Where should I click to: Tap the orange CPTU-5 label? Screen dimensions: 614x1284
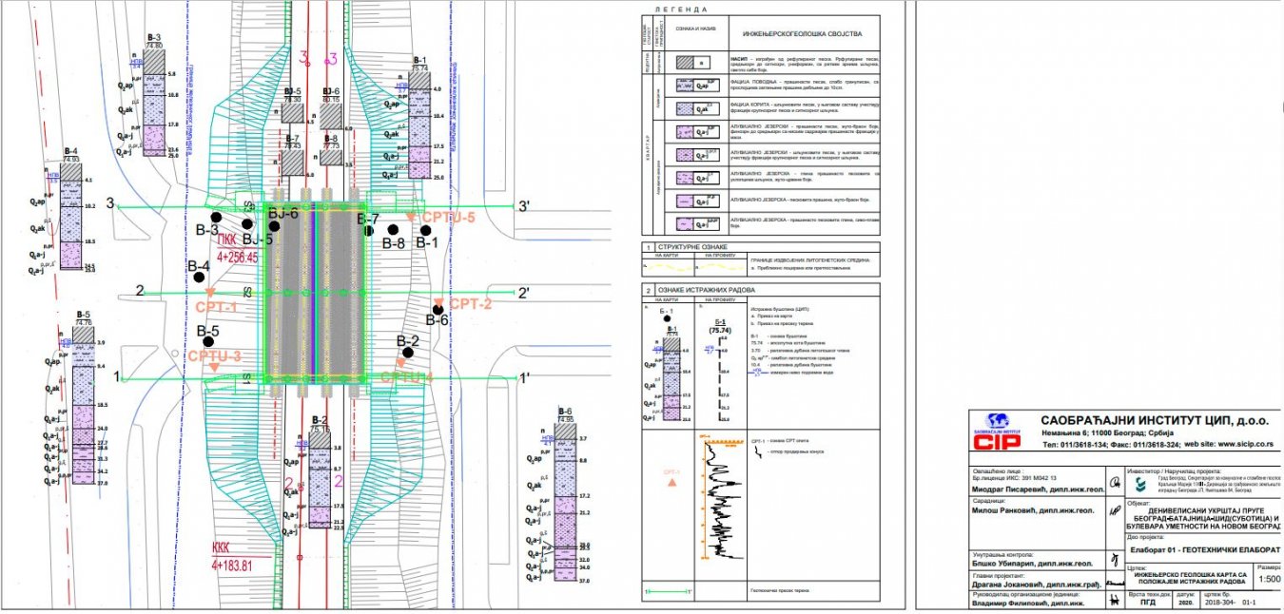[x=448, y=218]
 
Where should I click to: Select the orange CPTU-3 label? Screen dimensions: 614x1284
[x=215, y=355]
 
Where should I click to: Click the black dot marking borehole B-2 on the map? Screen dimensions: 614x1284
[x=407, y=353]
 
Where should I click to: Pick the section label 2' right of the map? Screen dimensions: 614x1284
[x=523, y=293]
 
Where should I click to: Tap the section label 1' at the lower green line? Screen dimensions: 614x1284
[x=523, y=377]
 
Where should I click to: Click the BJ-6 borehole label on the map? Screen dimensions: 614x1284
[x=282, y=214]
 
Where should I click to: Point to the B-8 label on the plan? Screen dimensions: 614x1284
[x=393, y=243]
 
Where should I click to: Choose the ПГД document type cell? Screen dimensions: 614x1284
[x=1148, y=603]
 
